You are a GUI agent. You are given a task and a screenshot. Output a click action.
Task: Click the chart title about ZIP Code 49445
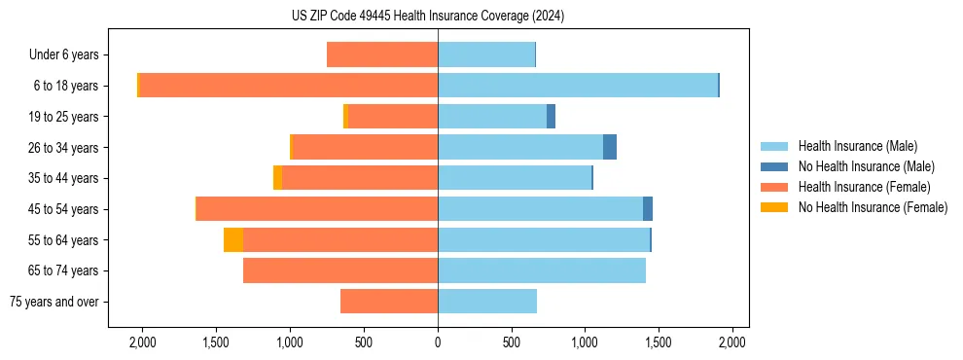428,16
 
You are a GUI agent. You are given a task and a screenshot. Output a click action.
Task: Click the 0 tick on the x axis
438,342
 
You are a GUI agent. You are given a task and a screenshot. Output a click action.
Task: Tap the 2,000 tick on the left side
142,342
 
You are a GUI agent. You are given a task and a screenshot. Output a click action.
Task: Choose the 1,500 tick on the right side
659,342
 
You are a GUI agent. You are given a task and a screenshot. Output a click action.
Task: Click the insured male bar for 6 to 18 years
578,86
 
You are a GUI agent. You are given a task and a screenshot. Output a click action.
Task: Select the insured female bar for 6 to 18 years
288,86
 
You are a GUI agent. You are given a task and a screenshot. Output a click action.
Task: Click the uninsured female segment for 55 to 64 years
233,240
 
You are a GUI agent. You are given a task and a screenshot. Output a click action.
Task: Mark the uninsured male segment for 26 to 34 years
610,147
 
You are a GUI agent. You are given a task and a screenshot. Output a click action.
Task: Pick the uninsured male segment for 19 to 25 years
551,117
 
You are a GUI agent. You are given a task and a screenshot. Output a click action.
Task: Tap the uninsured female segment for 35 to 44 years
278,178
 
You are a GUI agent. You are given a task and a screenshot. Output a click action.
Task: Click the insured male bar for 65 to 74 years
542,270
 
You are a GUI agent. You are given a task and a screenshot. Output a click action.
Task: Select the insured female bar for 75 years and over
389,302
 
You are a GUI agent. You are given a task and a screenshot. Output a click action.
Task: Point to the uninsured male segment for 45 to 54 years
648,209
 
